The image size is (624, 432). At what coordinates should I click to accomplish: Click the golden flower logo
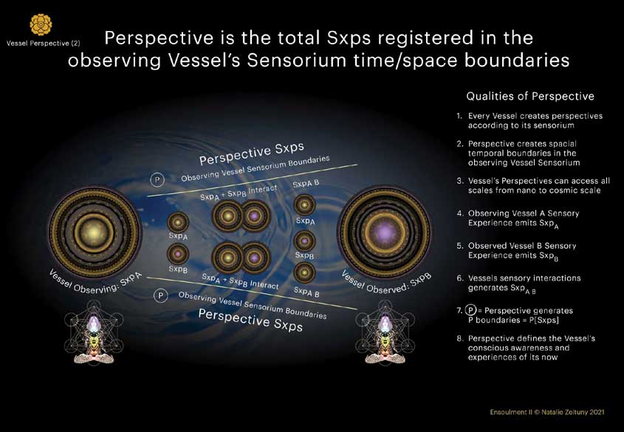[41, 24]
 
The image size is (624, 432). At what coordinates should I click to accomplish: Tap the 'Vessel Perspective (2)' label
[43, 43]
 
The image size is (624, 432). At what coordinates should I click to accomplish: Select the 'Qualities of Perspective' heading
[530, 96]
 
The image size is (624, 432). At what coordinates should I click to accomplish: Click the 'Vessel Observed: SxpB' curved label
[387, 282]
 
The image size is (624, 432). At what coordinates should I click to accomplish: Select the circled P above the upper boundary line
[157, 179]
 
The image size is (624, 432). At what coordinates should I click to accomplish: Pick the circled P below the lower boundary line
[160, 295]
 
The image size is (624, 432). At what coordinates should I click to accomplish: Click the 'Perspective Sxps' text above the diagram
[252, 154]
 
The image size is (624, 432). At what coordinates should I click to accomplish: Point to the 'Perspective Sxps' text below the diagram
[250, 320]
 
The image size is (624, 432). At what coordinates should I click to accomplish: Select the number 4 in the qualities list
[459, 213]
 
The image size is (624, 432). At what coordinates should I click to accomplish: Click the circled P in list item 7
[471, 310]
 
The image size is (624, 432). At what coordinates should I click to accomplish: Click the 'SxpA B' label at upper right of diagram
[306, 184]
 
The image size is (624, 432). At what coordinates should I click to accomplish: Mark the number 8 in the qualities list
[459, 338]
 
